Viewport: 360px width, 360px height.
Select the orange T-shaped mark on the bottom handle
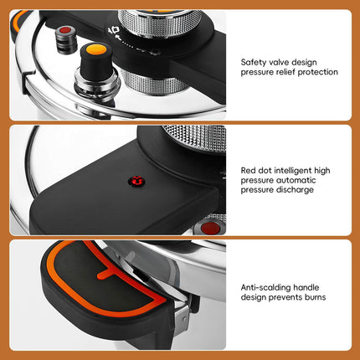click(x=105, y=272)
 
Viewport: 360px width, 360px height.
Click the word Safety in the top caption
click(x=255, y=62)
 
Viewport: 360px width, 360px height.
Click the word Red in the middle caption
click(x=249, y=170)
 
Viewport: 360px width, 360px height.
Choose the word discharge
click(x=297, y=190)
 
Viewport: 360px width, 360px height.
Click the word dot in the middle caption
click(x=265, y=170)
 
